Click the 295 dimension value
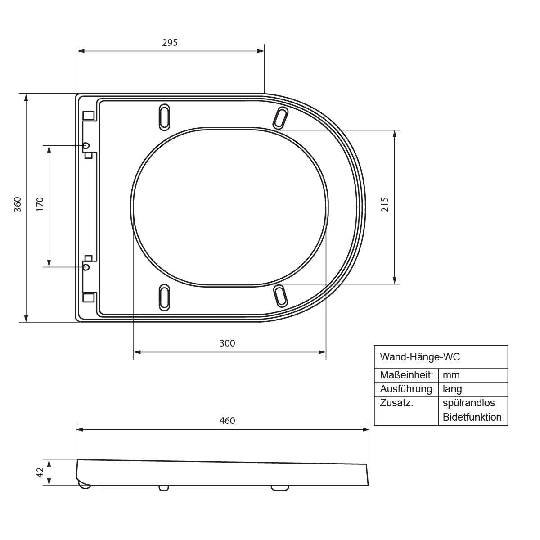170,43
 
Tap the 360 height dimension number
18,205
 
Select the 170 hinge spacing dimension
40,204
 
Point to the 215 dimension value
385,205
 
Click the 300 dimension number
227,343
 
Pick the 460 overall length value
227,421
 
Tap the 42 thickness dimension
40,472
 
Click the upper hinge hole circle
86,145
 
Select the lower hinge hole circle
86,267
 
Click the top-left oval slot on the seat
164,117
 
